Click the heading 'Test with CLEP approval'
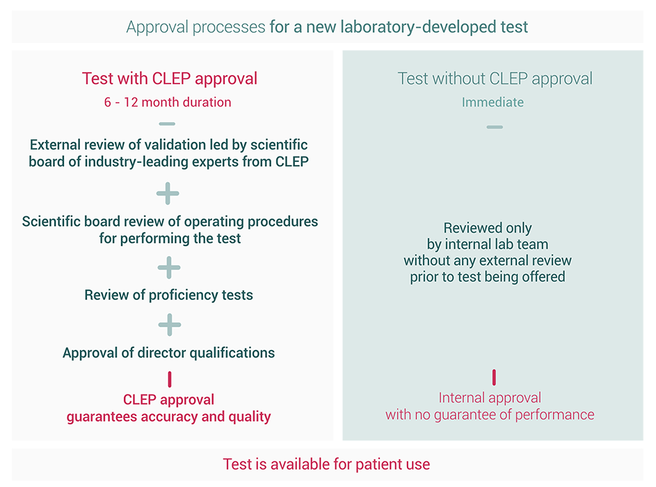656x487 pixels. tap(170, 79)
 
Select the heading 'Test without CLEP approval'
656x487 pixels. tap(495, 79)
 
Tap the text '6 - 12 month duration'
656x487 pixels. tap(168, 102)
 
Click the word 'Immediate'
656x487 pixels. tap(493, 102)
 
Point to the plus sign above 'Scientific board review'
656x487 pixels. tap(168, 194)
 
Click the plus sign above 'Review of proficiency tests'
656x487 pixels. tap(169, 267)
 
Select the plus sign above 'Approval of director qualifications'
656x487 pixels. tap(169, 324)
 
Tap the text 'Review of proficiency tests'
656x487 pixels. tap(168, 295)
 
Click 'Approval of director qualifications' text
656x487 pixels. tap(168, 353)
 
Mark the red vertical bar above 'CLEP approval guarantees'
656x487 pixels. tap(169, 379)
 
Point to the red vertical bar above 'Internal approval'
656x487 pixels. tap(494, 378)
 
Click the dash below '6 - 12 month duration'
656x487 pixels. tap(167, 125)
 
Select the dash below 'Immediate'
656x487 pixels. tap(494, 127)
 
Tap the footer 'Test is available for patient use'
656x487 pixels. tap(326, 464)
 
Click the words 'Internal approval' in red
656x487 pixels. tap(490, 398)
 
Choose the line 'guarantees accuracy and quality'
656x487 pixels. tap(168, 417)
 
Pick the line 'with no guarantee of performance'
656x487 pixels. tap(490, 415)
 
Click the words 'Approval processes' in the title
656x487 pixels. tap(195, 28)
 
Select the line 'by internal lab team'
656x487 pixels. tap(488, 244)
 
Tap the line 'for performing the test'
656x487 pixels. tap(170, 239)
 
